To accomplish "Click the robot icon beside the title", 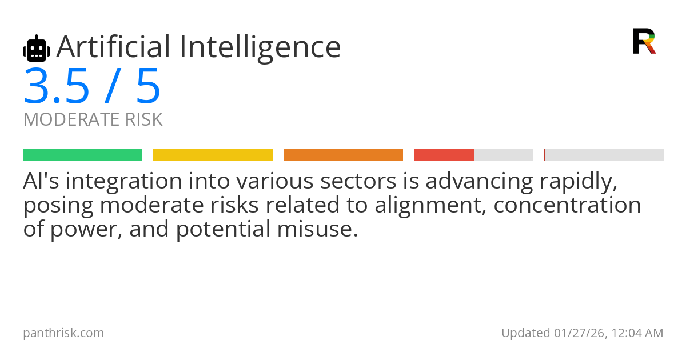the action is coord(37,49).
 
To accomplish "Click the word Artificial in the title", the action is coord(113,47).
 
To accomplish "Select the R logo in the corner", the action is coord(644,41).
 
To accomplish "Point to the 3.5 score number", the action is coord(57,86).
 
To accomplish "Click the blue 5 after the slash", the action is coord(148,86).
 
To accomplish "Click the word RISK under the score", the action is coord(143,119).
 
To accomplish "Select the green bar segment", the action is coord(83,155).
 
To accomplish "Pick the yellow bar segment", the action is coord(213,155).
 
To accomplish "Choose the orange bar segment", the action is coord(343,155).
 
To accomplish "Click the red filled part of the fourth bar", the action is coord(444,155).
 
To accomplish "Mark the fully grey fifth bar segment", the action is coord(604,155).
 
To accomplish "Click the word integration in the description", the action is coord(123,182).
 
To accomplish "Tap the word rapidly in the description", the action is coord(578,182).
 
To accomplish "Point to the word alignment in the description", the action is coord(430,205).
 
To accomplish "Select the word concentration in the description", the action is coord(567,205).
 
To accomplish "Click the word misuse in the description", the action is coord(318,229).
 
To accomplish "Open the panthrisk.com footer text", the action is coord(63,333).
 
